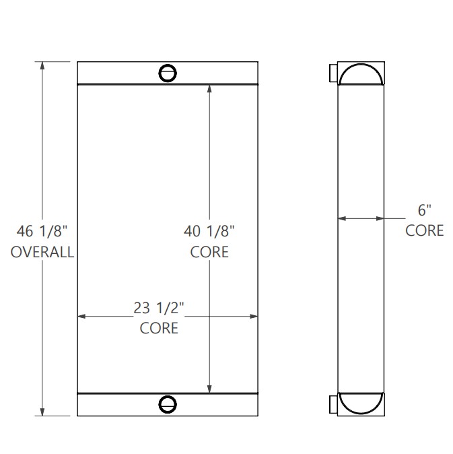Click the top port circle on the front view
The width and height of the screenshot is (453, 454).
pos(167,73)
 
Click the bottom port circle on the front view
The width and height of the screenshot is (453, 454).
pos(167,403)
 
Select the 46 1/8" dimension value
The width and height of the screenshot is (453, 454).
pos(42,232)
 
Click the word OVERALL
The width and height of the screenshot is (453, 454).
pos(42,253)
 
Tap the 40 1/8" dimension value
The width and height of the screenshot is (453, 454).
pos(209,232)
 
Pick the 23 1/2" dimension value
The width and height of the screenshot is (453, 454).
pos(160,309)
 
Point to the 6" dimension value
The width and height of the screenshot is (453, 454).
pos(424,210)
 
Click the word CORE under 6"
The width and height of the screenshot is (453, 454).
pos(424,230)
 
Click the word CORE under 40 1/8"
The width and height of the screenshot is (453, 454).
pos(209,253)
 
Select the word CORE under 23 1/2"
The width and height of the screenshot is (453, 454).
pos(160,329)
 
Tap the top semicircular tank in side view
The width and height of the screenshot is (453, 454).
pos(362,74)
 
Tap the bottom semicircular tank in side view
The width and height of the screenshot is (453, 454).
pos(362,402)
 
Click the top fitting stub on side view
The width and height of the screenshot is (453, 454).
pos(333,73)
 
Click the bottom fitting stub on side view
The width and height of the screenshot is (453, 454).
pos(333,404)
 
